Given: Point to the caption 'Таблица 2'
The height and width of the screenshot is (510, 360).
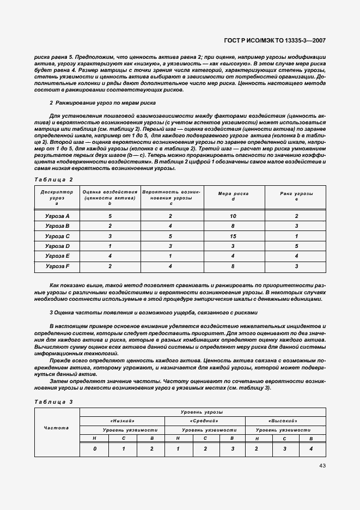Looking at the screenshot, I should [x=53, y=179].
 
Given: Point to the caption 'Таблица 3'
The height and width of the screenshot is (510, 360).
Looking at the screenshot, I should [x=53, y=402].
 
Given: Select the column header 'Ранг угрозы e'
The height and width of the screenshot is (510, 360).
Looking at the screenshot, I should [x=296, y=196].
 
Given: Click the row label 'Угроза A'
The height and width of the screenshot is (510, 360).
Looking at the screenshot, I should [x=57, y=216].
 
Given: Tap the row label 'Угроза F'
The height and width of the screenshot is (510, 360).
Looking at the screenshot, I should [x=57, y=266].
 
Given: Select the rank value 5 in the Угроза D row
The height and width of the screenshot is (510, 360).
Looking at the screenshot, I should [x=296, y=246].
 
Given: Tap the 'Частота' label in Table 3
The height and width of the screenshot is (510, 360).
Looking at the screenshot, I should [x=57, y=428].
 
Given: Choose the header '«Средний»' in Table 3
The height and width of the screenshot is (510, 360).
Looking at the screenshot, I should [x=204, y=421].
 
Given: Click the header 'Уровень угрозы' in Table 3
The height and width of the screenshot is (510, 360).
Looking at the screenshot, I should [x=203, y=412].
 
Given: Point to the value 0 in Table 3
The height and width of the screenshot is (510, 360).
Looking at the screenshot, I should [x=95, y=448].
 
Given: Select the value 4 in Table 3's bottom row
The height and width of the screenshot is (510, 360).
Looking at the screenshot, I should [x=311, y=448].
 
